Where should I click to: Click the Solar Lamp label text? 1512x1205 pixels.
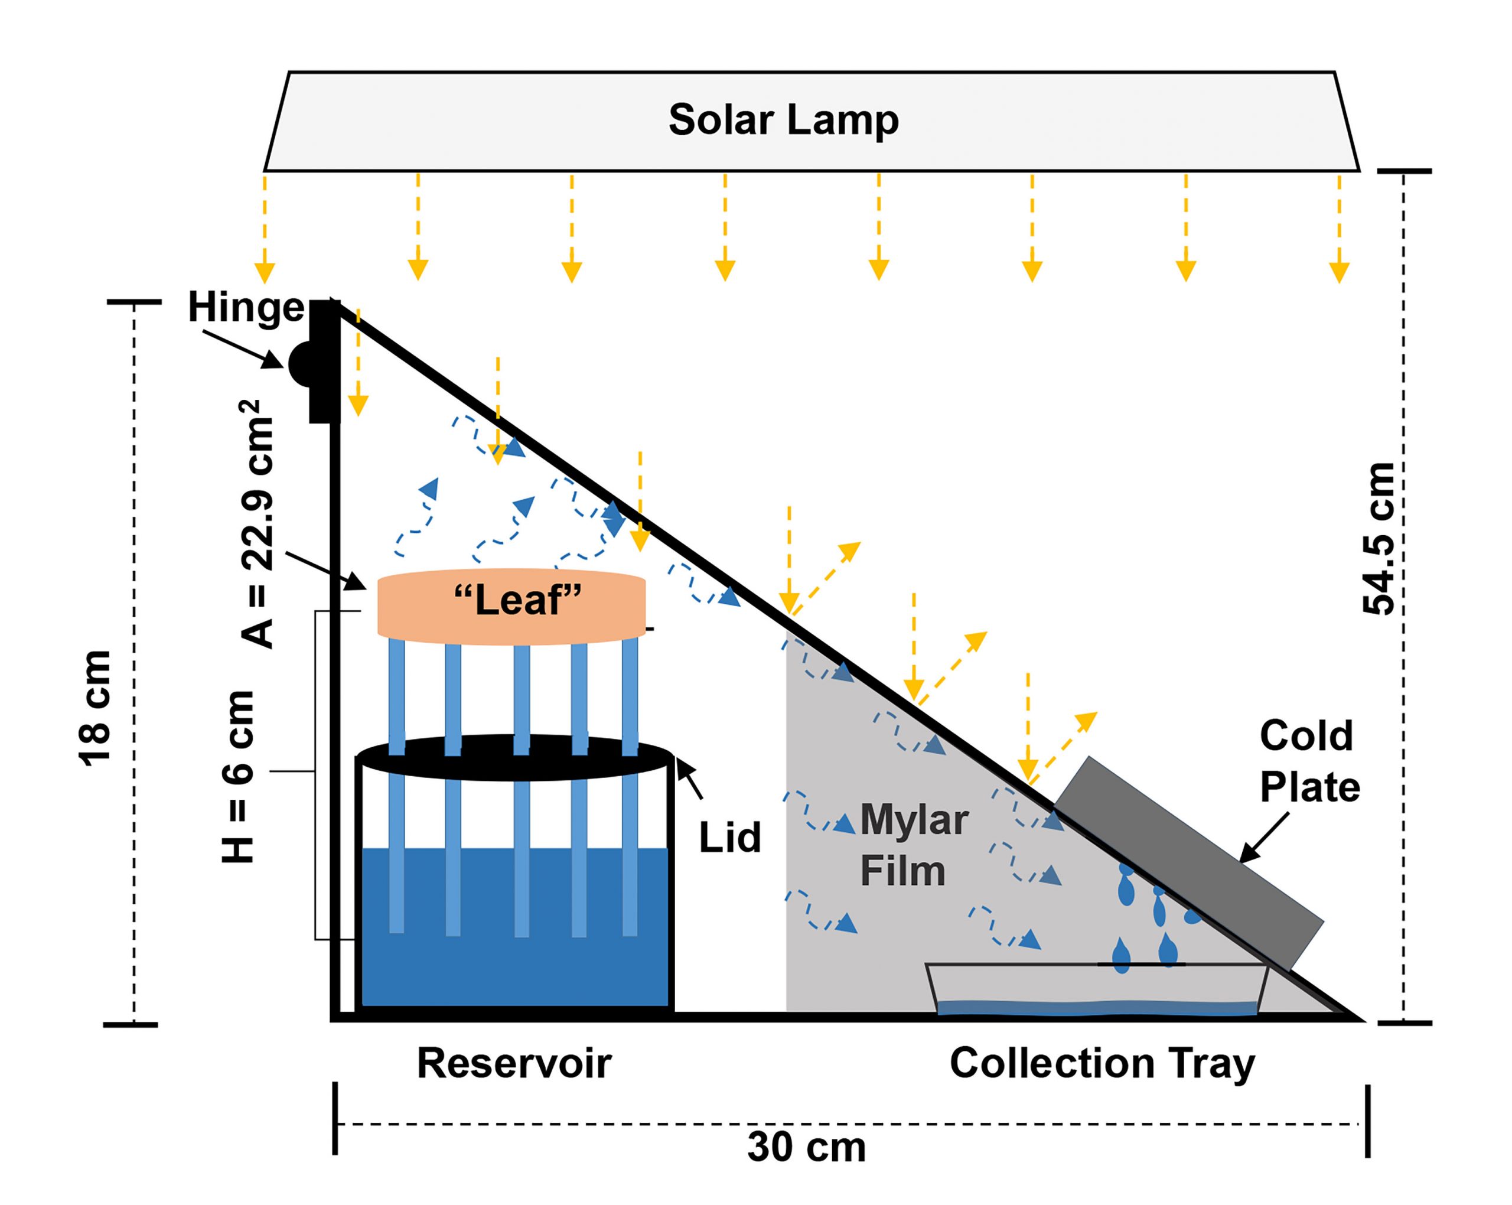783,119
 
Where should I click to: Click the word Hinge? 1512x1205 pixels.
246,308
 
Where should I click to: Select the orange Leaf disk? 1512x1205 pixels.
511,606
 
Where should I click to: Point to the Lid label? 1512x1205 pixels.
729,838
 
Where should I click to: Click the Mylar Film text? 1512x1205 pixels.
913,845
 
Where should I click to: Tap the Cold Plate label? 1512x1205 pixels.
1309,761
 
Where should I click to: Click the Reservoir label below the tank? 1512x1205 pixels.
514,1063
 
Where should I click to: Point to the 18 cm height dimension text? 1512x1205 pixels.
94,708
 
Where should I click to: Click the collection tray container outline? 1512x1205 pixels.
1097,989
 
